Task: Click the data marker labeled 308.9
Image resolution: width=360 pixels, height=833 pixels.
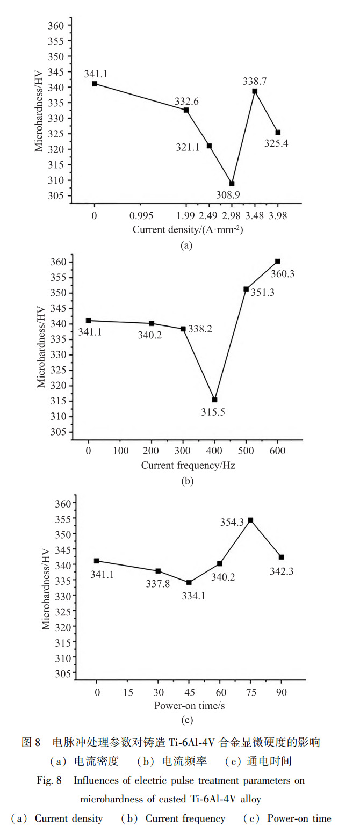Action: coord(232,184)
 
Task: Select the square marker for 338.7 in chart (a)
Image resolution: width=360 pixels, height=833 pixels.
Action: coord(255,91)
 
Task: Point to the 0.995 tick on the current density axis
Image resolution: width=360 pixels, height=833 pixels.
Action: coord(141,216)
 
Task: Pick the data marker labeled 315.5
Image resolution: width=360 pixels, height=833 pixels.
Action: coord(215,400)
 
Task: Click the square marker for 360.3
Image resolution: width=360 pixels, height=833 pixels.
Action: coord(278,261)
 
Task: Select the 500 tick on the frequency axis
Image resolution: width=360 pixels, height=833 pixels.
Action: coord(246,451)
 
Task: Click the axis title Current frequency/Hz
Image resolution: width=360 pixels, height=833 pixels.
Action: coord(188,465)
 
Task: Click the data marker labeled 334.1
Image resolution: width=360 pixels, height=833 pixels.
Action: coord(189,582)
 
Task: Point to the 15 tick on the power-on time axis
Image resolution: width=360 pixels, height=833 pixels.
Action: coord(128,692)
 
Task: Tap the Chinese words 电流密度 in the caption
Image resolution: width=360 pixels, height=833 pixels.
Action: coord(91,761)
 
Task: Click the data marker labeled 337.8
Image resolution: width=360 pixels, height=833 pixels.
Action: coord(159,571)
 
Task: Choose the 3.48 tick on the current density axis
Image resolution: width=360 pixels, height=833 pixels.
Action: coord(255,216)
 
